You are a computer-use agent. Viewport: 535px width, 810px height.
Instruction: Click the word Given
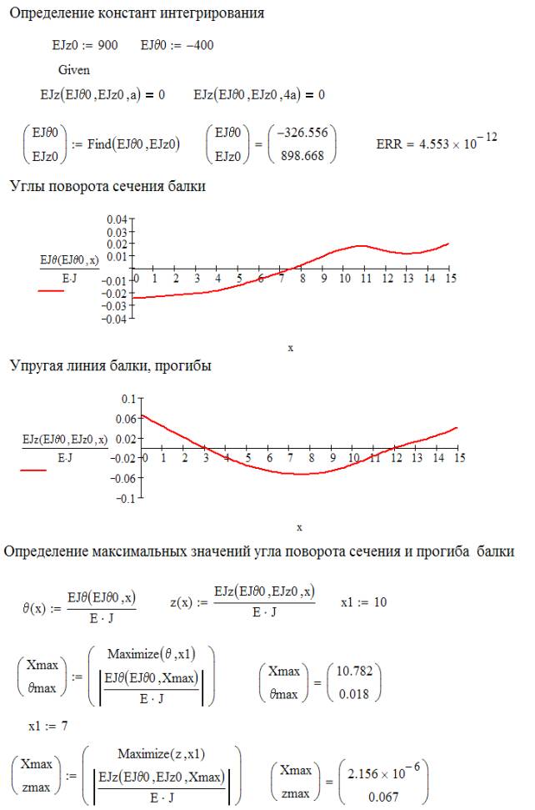(x=74, y=70)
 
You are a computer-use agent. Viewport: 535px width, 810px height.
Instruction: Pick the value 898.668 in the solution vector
(x=306, y=154)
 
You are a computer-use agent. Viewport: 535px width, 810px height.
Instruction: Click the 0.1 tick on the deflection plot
(x=127, y=399)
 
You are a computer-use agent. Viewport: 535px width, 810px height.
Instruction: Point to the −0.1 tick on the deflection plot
(x=124, y=499)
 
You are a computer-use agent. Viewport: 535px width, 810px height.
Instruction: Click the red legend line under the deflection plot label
(x=34, y=470)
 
